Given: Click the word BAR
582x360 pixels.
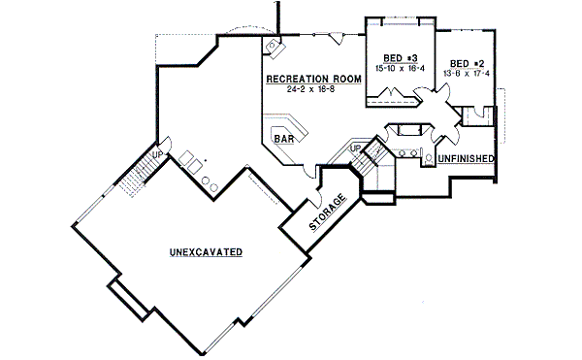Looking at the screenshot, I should [x=284, y=140].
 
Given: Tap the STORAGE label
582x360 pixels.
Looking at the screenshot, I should [x=328, y=213].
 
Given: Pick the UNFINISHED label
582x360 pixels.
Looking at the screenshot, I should [x=467, y=158].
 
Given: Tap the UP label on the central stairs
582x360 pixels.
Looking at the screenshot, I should [x=355, y=147].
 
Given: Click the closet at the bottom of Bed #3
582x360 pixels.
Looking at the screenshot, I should [x=393, y=96].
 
